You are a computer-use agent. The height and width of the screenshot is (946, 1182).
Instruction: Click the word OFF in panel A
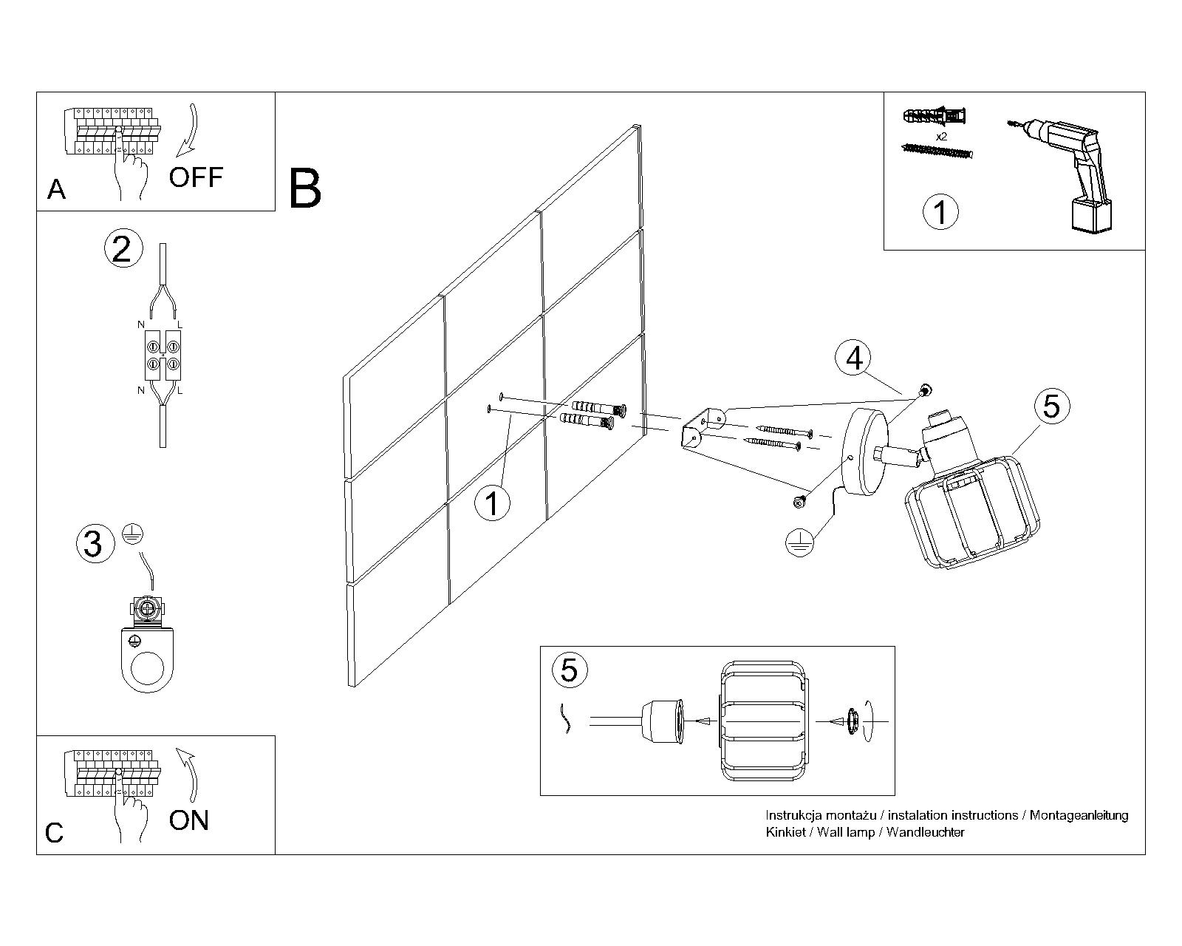(x=196, y=177)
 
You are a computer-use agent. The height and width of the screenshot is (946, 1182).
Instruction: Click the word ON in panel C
(x=189, y=820)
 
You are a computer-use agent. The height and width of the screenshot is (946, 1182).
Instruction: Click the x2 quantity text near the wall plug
(x=941, y=137)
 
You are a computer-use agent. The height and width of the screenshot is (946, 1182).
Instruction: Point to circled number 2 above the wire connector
(x=122, y=248)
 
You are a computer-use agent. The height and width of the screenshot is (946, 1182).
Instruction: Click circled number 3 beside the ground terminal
(x=93, y=544)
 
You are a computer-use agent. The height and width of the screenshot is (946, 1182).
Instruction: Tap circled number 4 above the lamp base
(x=854, y=358)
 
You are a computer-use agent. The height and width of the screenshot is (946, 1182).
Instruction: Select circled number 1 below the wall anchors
(x=492, y=504)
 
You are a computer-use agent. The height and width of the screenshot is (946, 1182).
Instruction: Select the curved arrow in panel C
(x=189, y=773)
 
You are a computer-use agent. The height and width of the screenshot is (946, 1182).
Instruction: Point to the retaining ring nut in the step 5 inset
(x=852, y=721)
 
